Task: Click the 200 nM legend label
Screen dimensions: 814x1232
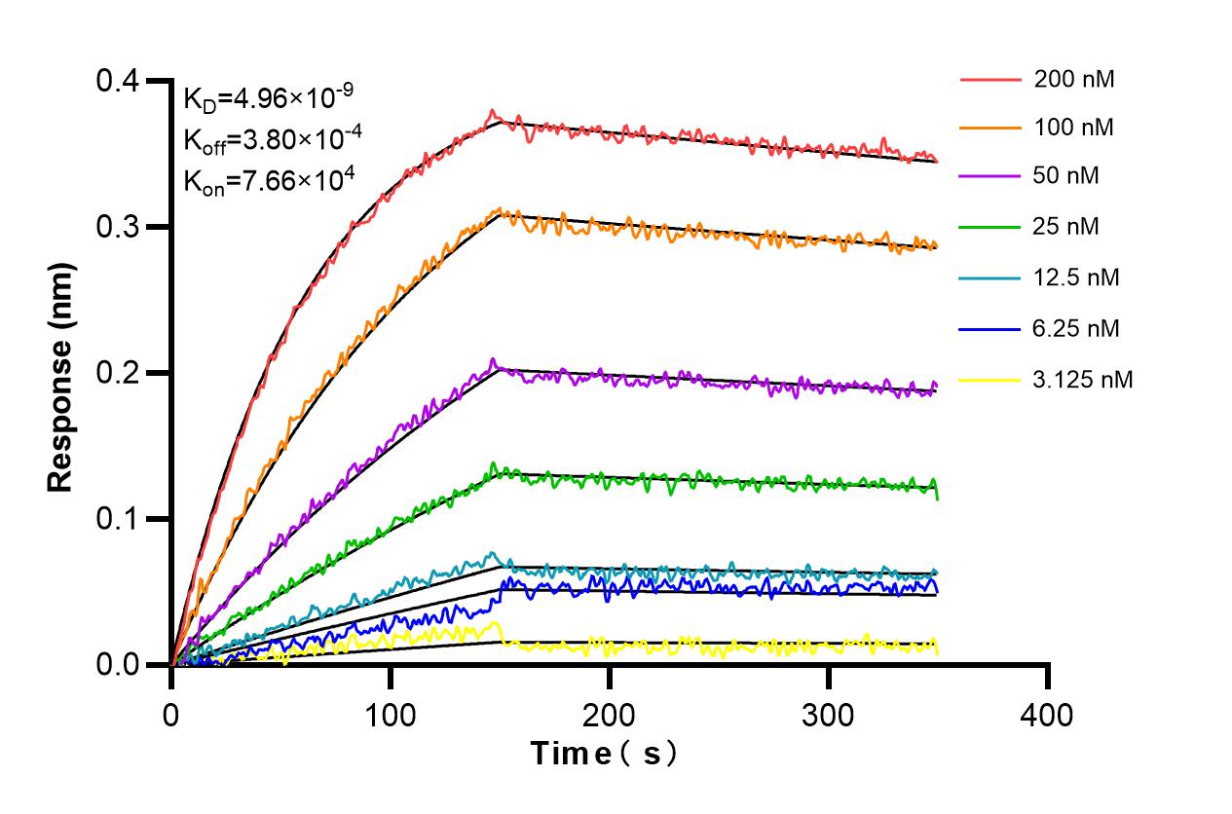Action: pos(1074,80)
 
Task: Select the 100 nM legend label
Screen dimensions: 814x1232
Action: pos(1074,128)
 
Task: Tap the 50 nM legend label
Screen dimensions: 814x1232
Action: pos(1067,177)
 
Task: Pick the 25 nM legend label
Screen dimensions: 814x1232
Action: pos(1067,227)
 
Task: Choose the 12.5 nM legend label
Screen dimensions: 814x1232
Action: pos(1077,277)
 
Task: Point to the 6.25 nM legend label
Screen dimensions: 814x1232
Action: pos(1077,329)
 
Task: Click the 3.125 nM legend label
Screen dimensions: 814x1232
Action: pos(1083,380)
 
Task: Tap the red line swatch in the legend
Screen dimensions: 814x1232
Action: pos(989,80)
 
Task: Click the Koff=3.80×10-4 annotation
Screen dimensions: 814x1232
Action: pos(273,138)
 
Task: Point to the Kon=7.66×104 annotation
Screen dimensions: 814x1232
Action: pos(268,179)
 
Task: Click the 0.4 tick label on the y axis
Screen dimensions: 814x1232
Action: pos(116,81)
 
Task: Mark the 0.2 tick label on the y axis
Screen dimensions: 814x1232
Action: pos(116,373)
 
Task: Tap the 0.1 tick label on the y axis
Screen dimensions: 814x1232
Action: pos(116,519)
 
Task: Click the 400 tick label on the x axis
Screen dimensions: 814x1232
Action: pos(1047,716)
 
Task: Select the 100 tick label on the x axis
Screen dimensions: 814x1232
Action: pos(390,716)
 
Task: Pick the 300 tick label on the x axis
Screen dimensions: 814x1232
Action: pos(828,716)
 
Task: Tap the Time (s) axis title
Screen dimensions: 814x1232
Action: pos(604,754)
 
